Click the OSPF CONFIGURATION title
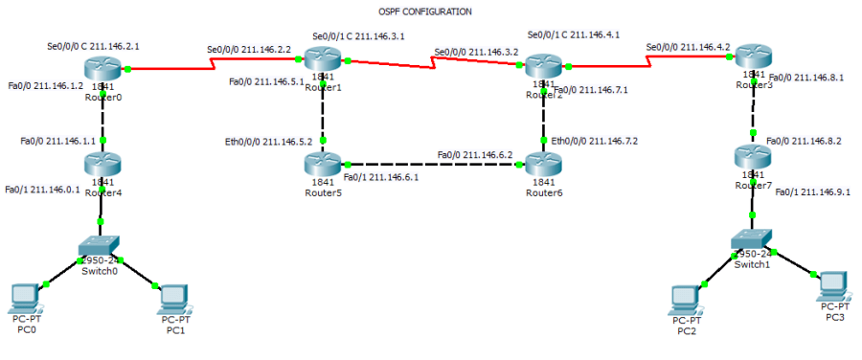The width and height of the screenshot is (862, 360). (x=424, y=11)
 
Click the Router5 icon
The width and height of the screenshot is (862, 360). (x=324, y=164)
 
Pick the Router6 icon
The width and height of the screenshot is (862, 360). (x=542, y=164)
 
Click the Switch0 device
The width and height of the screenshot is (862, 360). (x=99, y=247)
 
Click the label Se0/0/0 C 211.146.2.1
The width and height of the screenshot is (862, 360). (x=93, y=45)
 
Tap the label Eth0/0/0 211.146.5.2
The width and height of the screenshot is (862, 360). (x=268, y=142)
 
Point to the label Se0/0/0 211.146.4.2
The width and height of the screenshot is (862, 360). (x=688, y=46)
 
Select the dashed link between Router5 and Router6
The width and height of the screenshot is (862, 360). (x=431, y=164)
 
